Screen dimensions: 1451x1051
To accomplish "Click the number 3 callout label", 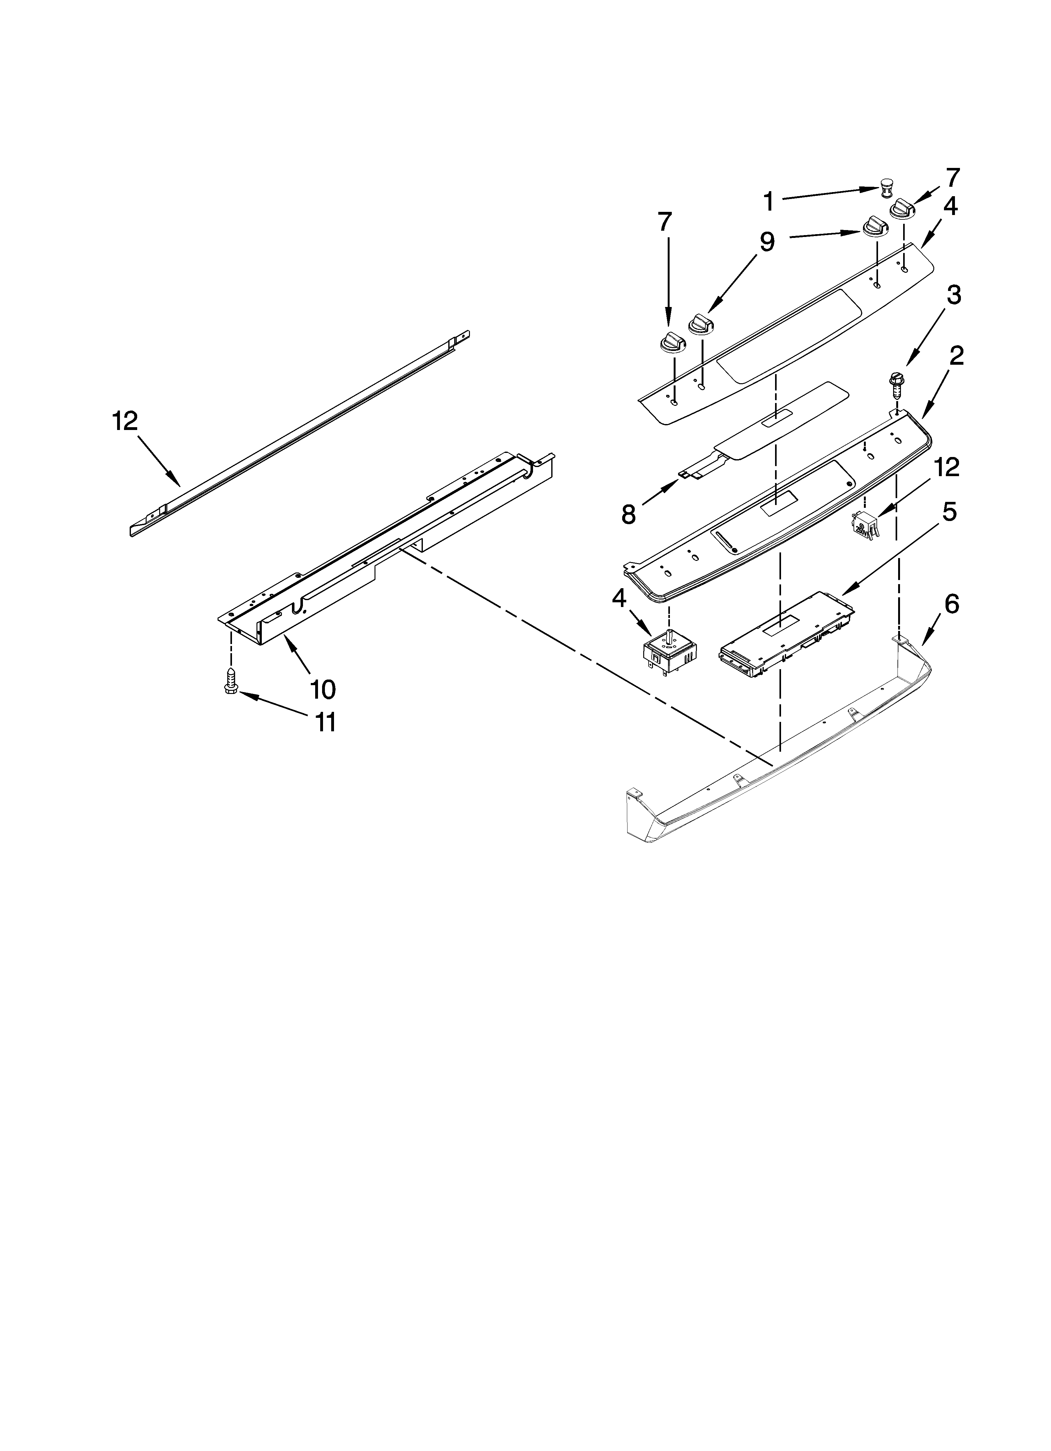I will (954, 296).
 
